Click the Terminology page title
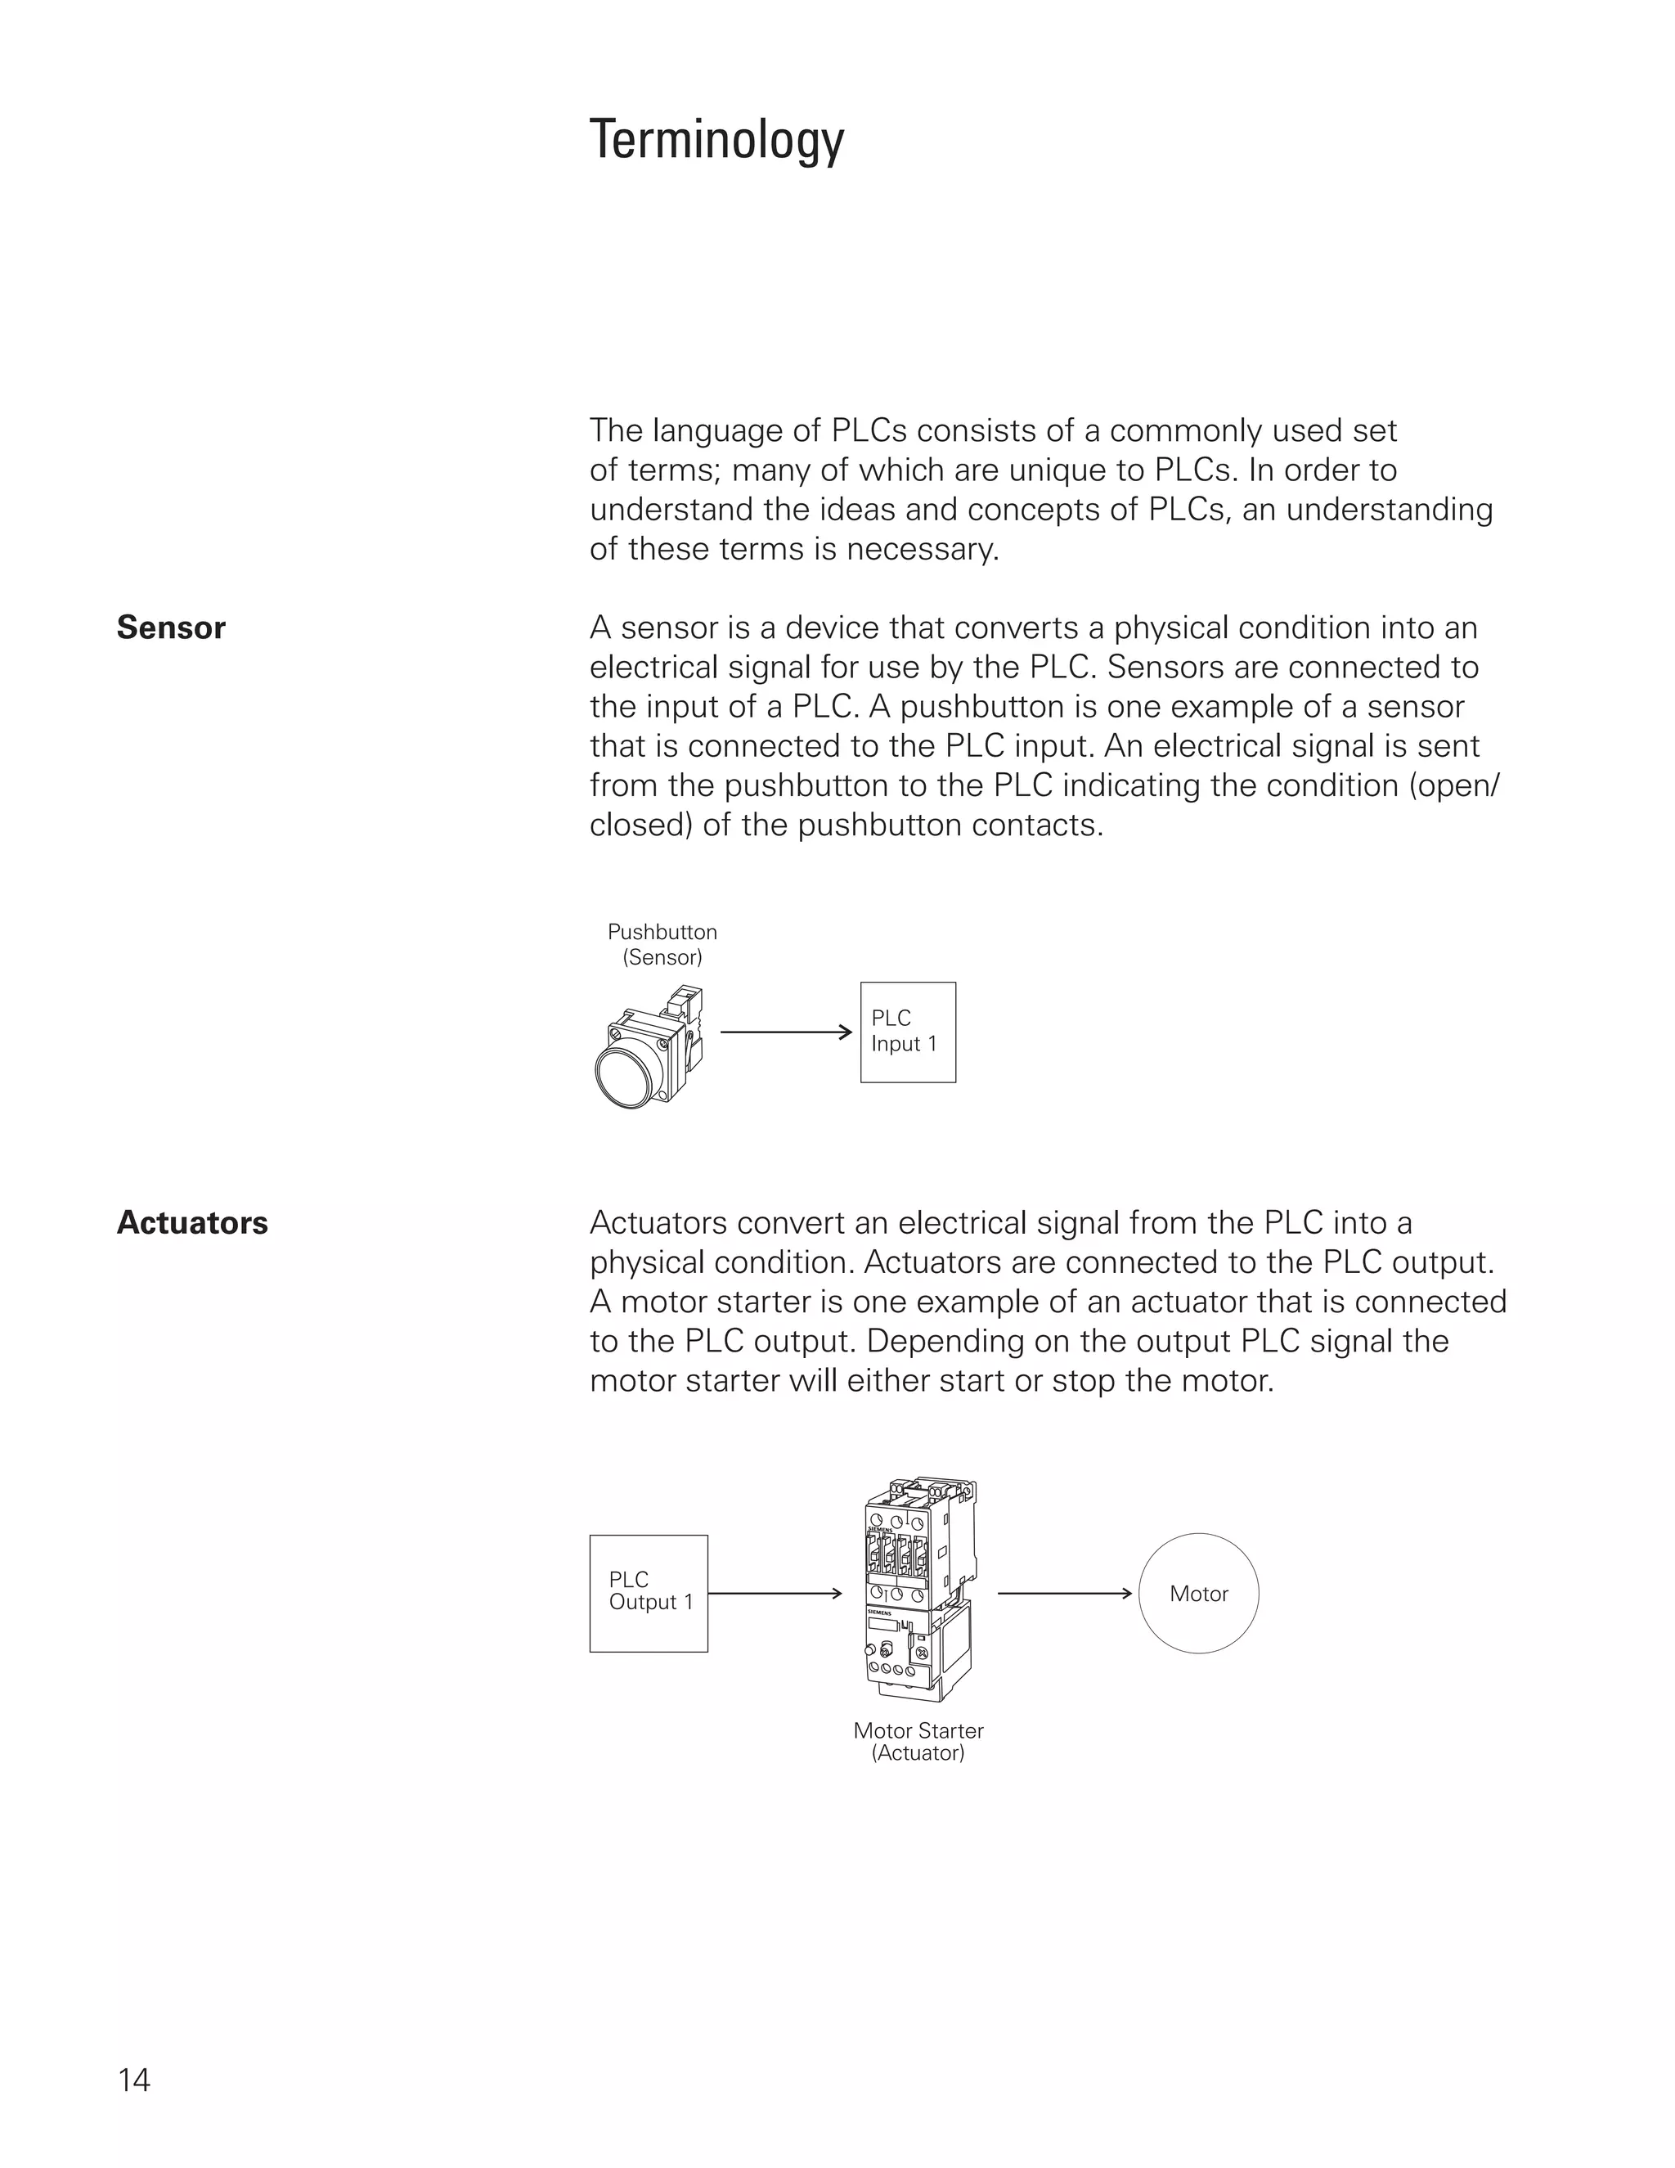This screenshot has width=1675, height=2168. [x=716, y=140]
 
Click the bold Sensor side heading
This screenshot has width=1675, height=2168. [x=171, y=628]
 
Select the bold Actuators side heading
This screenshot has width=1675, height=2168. [x=192, y=1223]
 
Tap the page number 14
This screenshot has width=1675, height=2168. [x=134, y=2080]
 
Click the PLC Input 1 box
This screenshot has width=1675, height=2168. [x=907, y=1032]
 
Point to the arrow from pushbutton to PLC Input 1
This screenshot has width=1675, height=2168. [x=785, y=1032]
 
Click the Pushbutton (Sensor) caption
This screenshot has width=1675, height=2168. [x=662, y=944]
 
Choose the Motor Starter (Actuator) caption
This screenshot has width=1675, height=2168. [x=918, y=1741]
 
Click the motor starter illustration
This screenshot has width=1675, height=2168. [x=918, y=1588]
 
